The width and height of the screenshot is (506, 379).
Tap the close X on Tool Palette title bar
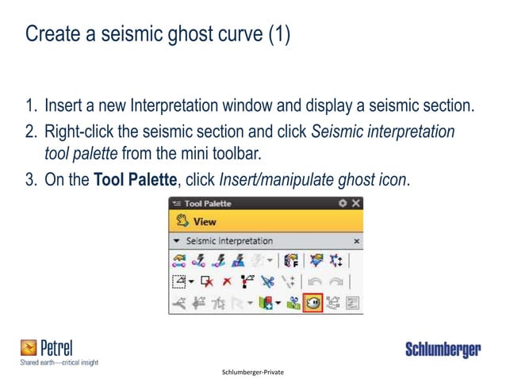356,203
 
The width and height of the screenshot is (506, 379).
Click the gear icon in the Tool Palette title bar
343,203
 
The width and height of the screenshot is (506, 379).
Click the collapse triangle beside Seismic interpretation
175,240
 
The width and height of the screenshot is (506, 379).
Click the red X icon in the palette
227,280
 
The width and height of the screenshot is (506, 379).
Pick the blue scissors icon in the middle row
266,280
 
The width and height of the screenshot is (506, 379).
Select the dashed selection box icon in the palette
178,280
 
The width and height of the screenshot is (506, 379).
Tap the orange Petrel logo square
29,347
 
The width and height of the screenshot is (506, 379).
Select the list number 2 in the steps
32,132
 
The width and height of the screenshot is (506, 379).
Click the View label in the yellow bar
205,221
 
